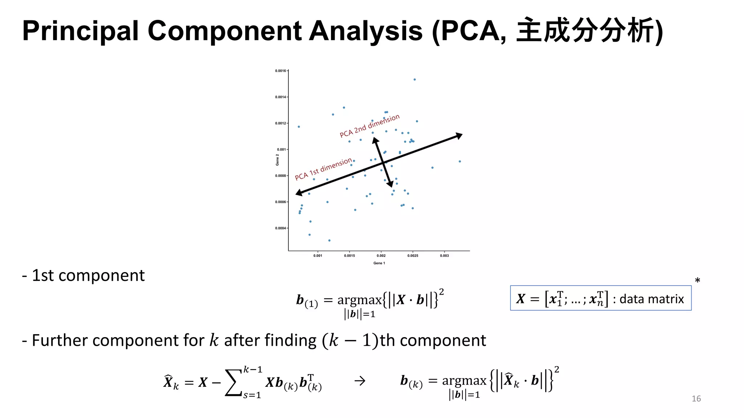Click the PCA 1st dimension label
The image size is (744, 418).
[323, 169]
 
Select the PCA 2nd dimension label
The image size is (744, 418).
[369, 126]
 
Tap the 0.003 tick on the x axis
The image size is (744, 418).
[444, 256]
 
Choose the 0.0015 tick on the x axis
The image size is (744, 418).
[349, 256]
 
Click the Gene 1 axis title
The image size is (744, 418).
[379, 263]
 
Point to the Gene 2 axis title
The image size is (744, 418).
[277, 160]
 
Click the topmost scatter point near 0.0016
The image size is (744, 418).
[415, 79]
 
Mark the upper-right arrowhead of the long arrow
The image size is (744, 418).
[459, 136]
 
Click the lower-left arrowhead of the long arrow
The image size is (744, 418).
[299, 193]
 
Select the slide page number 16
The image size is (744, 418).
[696, 399]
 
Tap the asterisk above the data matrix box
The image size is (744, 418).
[697, 280]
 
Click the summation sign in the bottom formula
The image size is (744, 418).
[233, 382]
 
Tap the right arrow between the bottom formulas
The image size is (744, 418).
[360, 381]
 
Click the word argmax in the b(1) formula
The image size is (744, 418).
[359, 300]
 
